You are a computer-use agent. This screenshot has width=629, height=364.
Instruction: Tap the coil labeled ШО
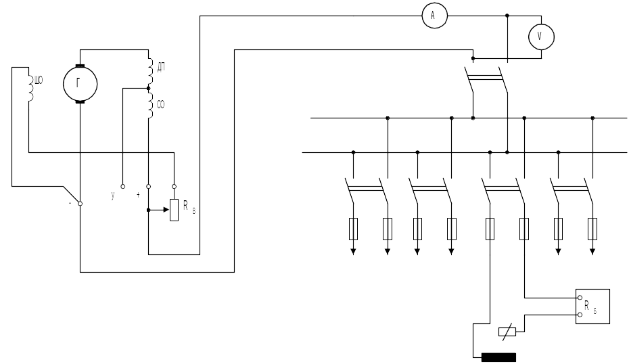click(31, 85)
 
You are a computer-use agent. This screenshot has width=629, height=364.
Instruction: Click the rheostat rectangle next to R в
click(174, 210)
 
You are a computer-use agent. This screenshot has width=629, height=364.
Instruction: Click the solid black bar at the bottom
click(498, 357)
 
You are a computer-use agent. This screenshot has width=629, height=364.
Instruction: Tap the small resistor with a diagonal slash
click(507, 332)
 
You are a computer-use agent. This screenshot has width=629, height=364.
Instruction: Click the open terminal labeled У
click(122, 187)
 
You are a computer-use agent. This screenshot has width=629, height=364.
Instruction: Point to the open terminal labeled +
click(148, 187)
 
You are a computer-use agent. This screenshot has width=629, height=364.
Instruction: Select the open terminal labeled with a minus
click(80, 204)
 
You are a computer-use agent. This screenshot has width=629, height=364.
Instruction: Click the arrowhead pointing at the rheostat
click(166, 210)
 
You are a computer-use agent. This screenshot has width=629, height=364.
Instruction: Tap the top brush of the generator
click(80, 66)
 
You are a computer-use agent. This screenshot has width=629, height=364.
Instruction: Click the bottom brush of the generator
click(80, 102)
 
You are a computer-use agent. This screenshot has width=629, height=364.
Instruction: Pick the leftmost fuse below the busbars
click(354, 229)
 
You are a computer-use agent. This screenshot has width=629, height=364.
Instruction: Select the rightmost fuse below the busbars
click(592, 229)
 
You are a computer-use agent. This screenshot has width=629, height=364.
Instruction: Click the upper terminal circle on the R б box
click(580, 298)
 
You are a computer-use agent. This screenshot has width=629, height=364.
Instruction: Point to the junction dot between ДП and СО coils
click(148, 88)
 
